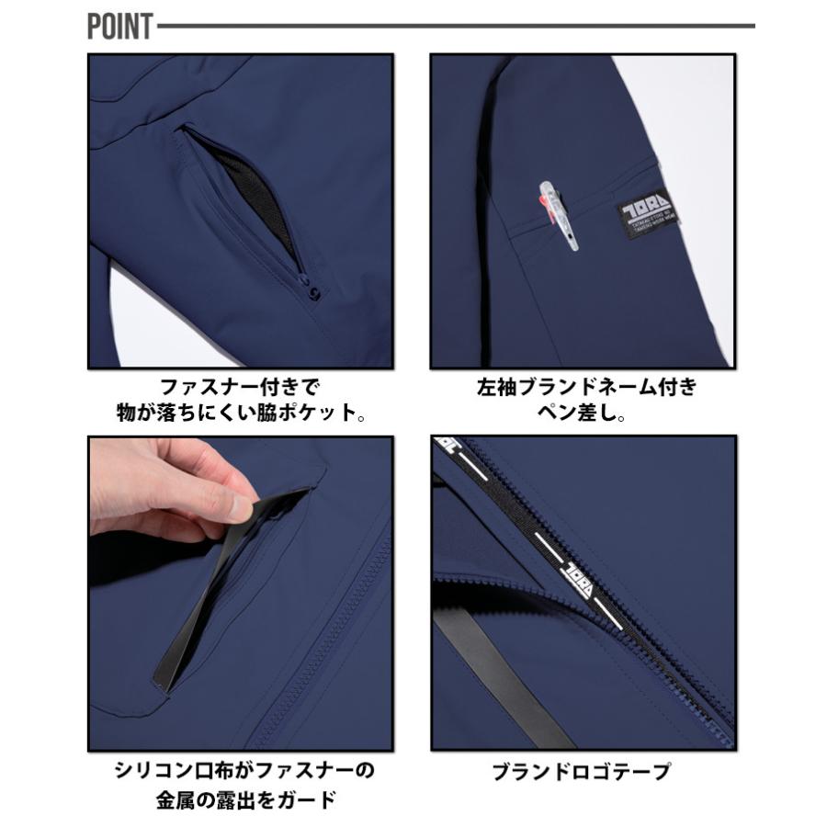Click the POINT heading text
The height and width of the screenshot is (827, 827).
[x=119, y=27]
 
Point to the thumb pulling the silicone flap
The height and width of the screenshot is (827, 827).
[x=241, y=504]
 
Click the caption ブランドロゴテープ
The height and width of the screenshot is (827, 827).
[x=582, y=772]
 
